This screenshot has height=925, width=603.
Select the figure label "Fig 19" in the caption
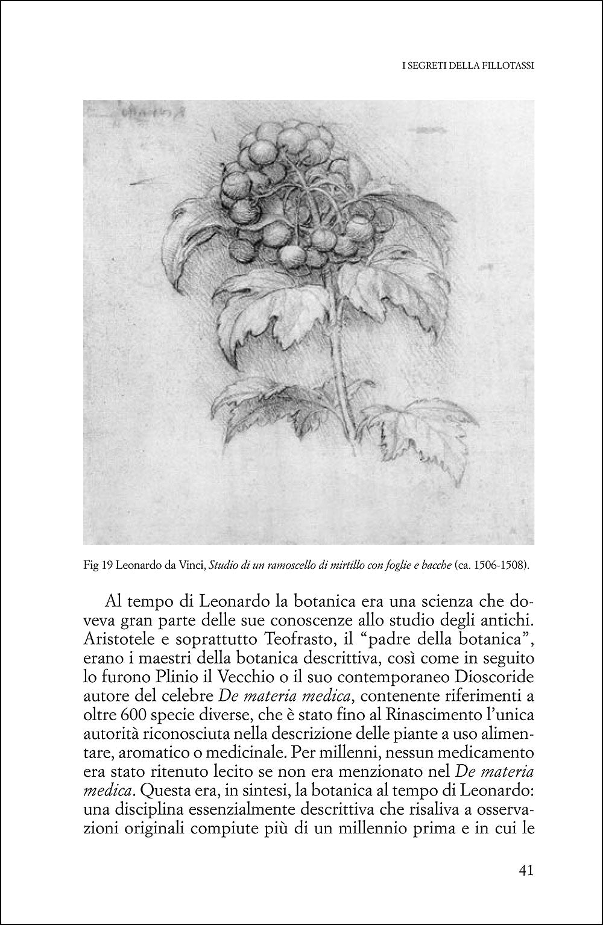click(x=96, y=565)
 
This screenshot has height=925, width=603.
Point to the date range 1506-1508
click(x=491, y=565)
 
